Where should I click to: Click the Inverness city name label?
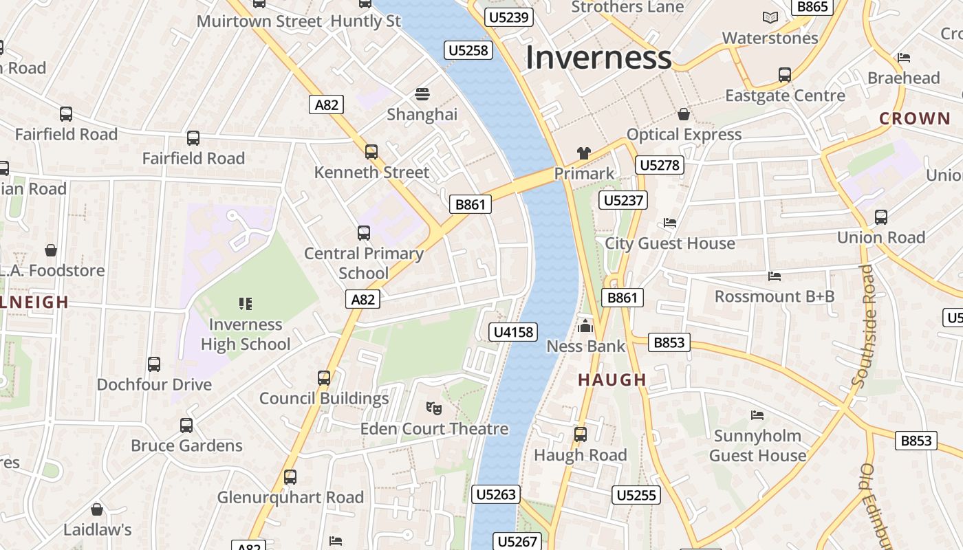(598, 58)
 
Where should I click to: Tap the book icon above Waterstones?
(770, 17)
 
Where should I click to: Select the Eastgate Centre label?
(785, 96)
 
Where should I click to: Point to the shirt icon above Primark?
(583, 153)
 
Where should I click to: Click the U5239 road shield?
(509, 17)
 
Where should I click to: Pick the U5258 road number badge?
(468, 50)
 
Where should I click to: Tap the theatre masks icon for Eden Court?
(433, 408)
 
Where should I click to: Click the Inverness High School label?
(246, 334)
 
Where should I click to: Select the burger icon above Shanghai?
(422, 93)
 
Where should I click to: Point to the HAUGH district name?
(612, 379)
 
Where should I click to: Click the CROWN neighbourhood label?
(915, 118)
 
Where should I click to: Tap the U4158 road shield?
(514, 332)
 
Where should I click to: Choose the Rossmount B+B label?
(775, 296)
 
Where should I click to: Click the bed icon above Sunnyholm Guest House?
(757, 415)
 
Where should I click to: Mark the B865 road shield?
(812, 7)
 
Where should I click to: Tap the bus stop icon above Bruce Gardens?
(186, 425)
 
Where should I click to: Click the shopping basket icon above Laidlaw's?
(97, 509)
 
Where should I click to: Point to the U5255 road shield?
(636, 495)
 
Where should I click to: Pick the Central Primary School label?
(364, 263)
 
